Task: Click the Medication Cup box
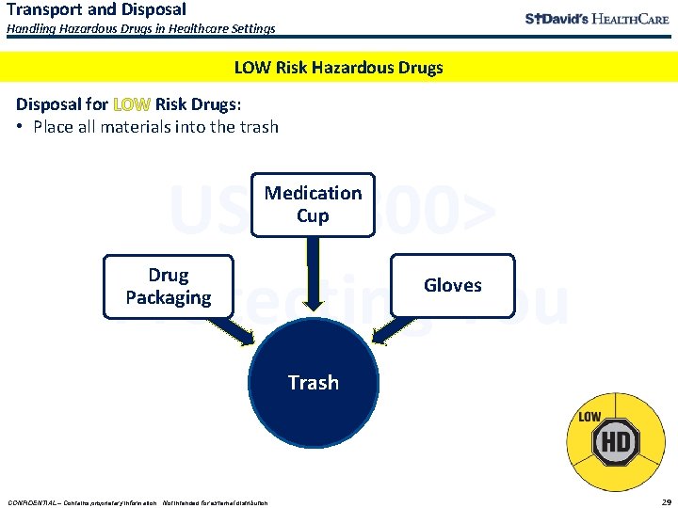click(313, 204)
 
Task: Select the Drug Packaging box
click(168, 286)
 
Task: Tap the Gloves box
click(452, 285)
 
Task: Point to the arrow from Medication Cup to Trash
click(313, 282)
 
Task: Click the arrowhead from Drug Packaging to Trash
click(247, 337)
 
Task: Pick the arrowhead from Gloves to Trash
click(380, 337)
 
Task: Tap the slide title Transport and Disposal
click(97, 9)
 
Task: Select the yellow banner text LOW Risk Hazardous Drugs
click(338, 67)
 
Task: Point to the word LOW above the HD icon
click(589, 417)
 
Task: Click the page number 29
click(666, 501)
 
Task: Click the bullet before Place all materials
click(21, 127)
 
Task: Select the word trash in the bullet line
click(258, 127)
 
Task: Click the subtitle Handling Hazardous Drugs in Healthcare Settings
click(141, 29)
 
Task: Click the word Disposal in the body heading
click(49, 104)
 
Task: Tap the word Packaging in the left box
click(168, 297)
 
